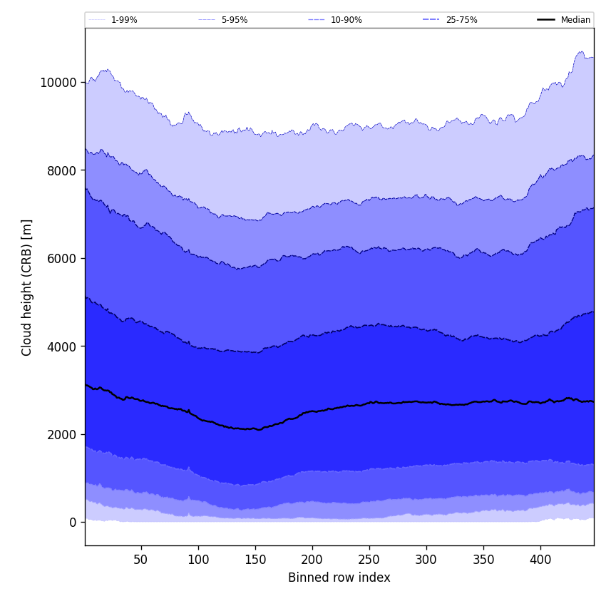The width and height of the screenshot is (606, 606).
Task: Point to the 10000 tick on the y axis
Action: click(58, 82)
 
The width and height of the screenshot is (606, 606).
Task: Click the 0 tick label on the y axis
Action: click(72, 523)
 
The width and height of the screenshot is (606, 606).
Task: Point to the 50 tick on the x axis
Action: click(141, 560)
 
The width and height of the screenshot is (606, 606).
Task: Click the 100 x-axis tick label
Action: click(198, 560)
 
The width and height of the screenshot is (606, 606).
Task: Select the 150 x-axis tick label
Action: click(255, 560)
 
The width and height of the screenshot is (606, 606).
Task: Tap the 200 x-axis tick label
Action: click(312, 560)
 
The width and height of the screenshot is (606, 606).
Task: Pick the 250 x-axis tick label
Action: click(369, 560)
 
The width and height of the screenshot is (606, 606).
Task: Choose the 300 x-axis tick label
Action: click(426, 560)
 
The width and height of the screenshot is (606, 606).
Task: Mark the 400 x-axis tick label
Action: click(540, 560)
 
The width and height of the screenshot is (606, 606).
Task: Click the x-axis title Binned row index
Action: click(339, 577)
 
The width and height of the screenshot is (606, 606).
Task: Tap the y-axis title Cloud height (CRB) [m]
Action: click(27, 287)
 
